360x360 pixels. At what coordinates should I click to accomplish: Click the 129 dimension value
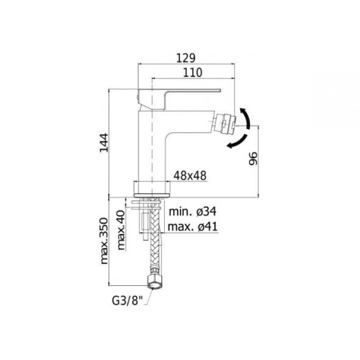[186, 58]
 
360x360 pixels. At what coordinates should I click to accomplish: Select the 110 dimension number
[193, 73]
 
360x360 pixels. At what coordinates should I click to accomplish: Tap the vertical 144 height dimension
[104, 143]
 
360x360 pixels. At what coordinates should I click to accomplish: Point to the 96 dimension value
[253, 158]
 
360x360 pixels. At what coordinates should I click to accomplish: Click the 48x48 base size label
[190, 176]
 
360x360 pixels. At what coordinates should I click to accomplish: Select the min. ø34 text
[193, 211]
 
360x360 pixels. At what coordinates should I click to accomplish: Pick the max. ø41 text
[193, 227]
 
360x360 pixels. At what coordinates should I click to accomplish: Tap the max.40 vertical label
[121, 230]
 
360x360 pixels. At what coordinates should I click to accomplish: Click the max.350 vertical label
[104, 241]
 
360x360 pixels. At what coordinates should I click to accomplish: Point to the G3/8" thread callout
[127, 301]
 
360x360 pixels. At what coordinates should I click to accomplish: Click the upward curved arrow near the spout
[246, 117]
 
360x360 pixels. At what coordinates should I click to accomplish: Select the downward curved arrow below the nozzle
[238, 142]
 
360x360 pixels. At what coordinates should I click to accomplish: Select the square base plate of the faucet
[152, 189]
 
